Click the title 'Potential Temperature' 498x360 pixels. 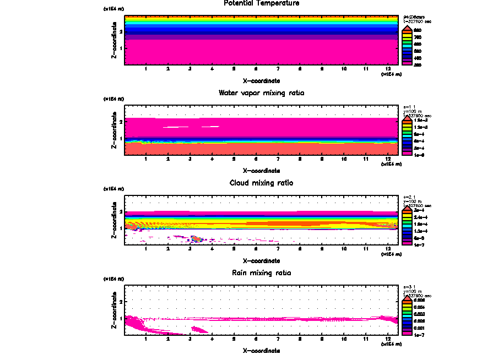click(261, 3)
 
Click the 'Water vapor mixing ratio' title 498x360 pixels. click(261, 93)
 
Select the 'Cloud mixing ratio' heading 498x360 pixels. click(261, 183)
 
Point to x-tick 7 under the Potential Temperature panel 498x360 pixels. click(278, 69)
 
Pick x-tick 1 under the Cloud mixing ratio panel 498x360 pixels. click(146, 248)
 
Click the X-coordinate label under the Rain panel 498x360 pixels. click(261, 350)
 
